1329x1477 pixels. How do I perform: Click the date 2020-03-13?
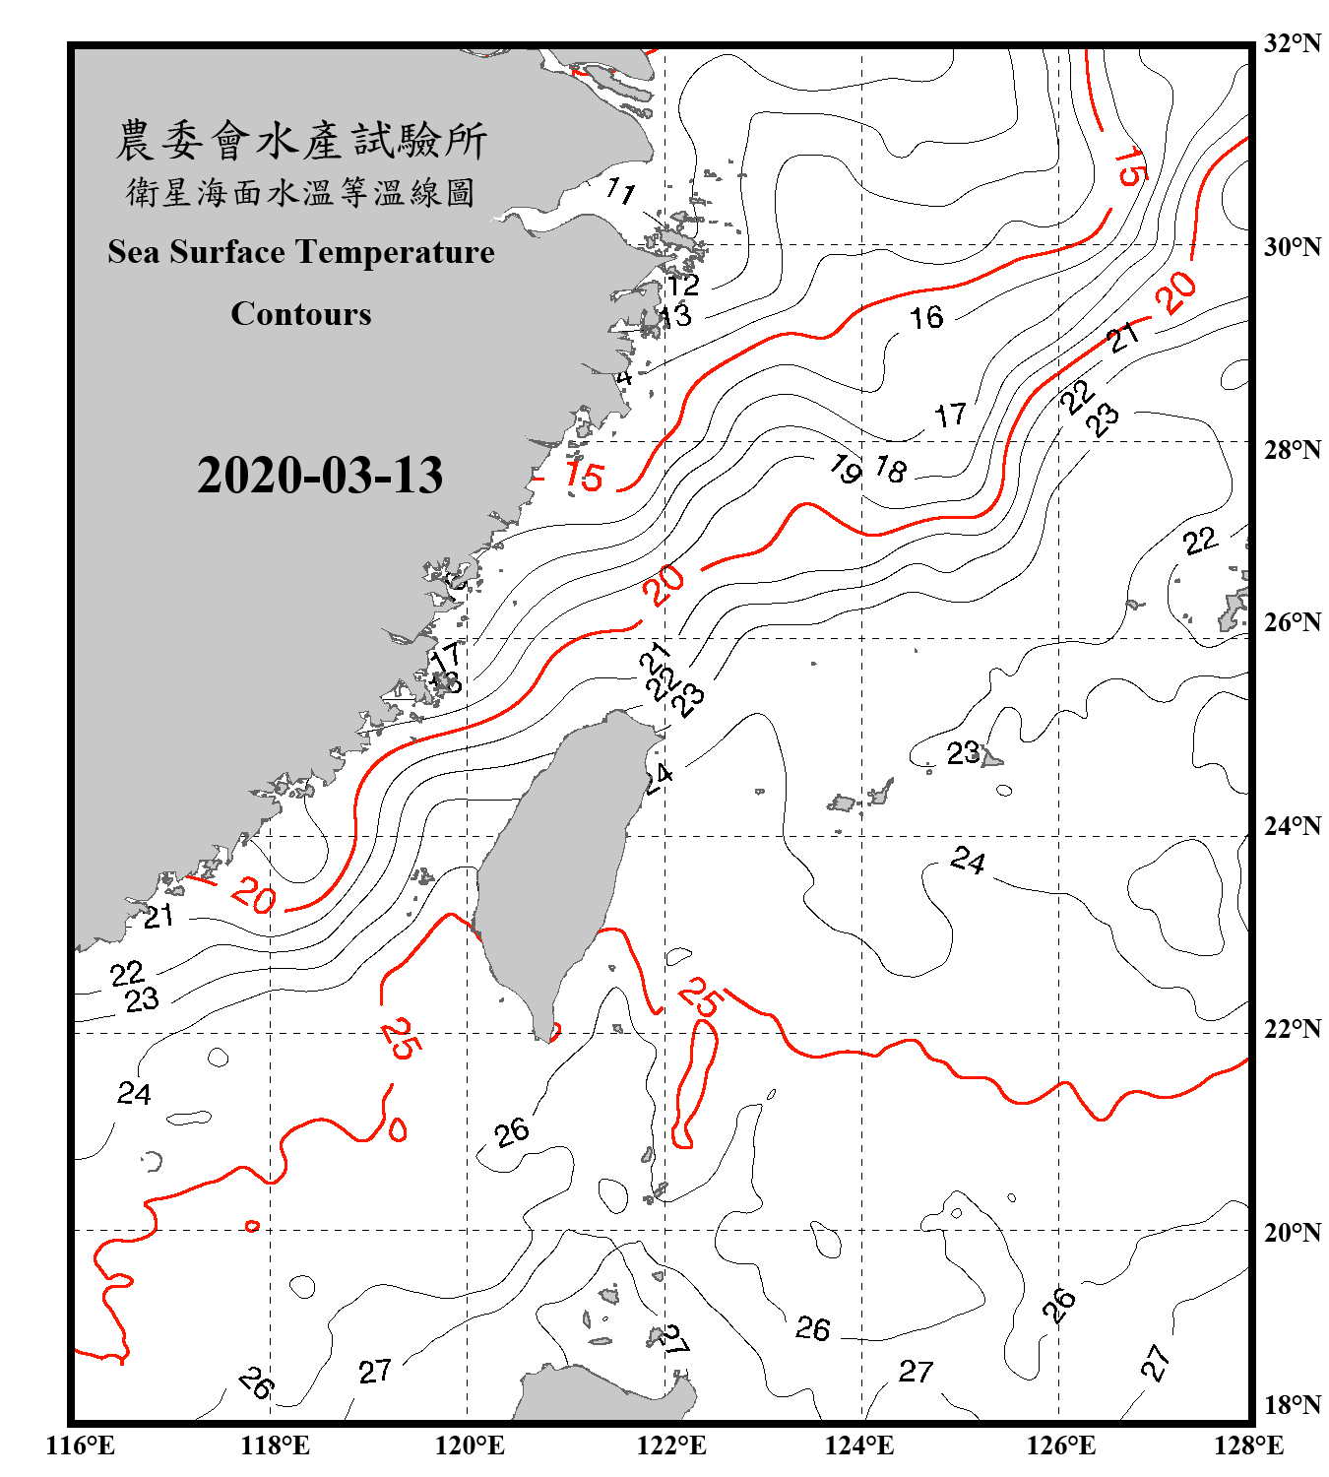point(320,476)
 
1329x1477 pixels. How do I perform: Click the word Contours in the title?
point(301,314)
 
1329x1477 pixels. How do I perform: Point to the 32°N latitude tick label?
point(1292,43)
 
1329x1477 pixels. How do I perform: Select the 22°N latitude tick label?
point(1292,1029)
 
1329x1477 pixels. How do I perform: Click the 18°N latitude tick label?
point(1292,1405)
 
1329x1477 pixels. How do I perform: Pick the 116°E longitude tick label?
point(81,1445)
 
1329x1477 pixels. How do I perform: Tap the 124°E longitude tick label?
point(859,1445)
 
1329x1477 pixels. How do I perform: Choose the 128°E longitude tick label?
point(1248,1445)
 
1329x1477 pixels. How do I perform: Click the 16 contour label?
point(925,317)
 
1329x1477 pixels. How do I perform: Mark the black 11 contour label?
point(620,189)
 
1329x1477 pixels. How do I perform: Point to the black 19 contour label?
point(846,469)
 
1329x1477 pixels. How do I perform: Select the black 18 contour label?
point(891,470)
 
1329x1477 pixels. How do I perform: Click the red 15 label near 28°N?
point(584,477)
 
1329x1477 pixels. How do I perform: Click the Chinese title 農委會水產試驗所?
point(301,141)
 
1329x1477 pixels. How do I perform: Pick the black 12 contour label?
point(682,285)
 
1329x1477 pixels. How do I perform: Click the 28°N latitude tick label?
point(1292,450)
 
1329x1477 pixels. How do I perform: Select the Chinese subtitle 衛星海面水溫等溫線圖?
point(301,192)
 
